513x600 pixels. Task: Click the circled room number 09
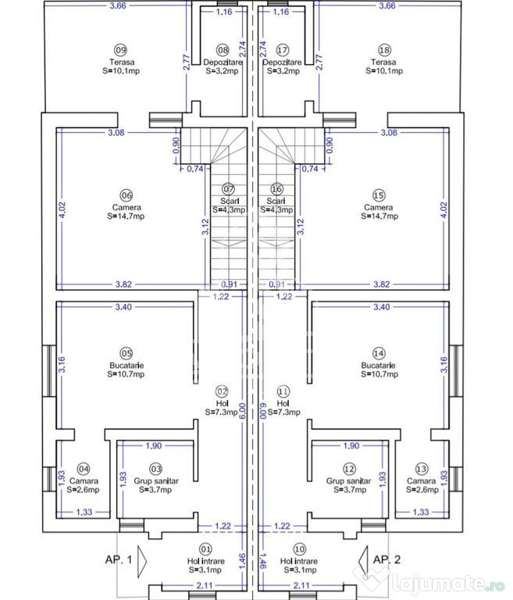[120, 48]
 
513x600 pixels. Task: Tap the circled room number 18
[384, 48]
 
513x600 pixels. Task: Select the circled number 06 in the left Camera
[126, 195]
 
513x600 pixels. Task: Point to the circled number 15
[379, 195]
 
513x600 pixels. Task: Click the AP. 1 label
[119, 559]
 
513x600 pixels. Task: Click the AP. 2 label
[386, 559]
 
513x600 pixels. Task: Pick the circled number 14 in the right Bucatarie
[379, 352]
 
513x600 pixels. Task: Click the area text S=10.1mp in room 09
[120, 71]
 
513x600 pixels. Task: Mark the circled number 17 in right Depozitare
[282, 48]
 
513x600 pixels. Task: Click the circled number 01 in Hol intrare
[206, 548]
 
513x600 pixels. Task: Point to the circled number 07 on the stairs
[228, 188]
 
